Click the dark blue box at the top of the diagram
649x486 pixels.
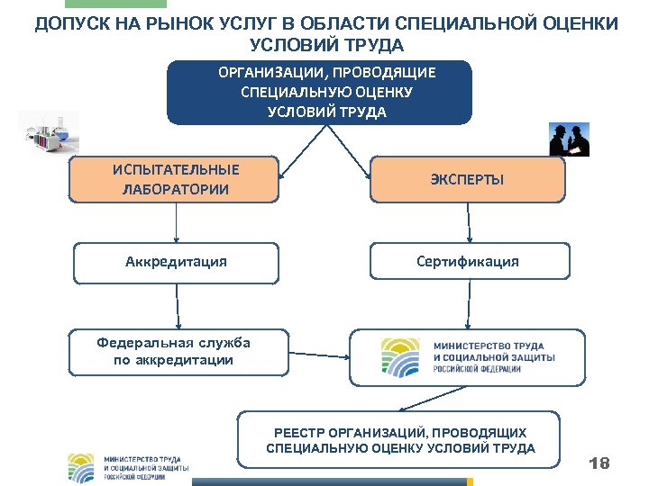319,92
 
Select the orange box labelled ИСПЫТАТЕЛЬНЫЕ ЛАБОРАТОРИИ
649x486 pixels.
175,180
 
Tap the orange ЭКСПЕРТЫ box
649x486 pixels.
468,180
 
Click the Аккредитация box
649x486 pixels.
176,262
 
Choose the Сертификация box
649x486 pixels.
468,262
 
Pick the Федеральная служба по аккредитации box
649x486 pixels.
178,351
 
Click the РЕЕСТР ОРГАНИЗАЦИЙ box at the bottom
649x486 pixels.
398,441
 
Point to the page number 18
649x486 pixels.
599,463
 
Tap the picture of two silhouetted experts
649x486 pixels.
569,139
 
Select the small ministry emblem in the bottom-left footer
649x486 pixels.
81,468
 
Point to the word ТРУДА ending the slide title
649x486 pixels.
373,45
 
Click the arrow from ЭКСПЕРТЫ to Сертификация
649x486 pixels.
468,222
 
